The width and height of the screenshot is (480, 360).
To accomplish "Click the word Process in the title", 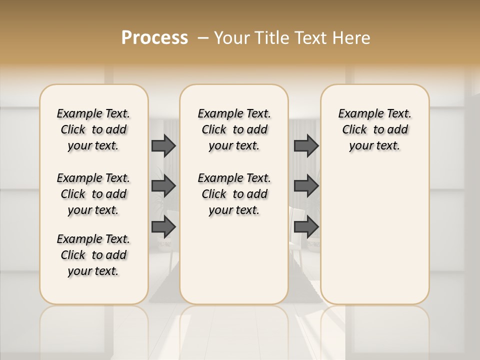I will click(154, 38).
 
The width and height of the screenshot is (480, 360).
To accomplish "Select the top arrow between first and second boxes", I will click(163, 145).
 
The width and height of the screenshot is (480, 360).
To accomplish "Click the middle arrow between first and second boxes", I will click(163, 186).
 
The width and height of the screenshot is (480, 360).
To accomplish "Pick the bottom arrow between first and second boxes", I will click(163, 227).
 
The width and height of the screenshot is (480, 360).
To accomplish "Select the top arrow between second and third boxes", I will click(306, 145).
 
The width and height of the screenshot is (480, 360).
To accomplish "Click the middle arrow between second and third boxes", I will click(306, 186).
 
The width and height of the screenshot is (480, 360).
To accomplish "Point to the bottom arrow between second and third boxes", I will click(306, 227).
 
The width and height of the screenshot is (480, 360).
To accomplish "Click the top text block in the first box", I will click(93, 129).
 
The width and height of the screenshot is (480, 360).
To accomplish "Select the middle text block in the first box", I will click(93, 194).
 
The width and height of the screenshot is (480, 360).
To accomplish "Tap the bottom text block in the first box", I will click(93, 255).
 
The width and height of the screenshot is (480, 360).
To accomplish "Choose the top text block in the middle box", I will click(234, 129).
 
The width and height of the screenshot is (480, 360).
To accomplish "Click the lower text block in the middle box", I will click(234, 194).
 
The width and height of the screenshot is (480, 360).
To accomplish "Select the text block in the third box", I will click(374, 129).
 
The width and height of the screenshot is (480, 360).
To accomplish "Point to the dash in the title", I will click(203, 38).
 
